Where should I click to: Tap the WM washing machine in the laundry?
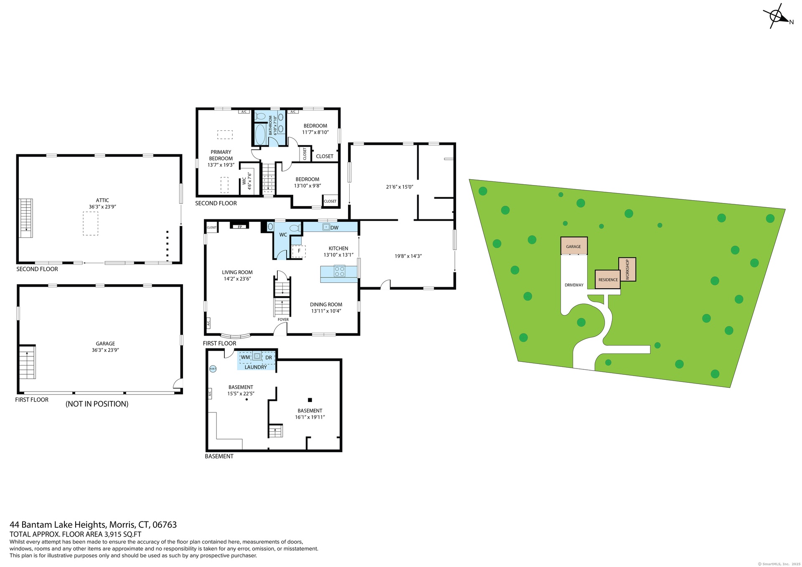[246, 357]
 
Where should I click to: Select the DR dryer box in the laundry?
[269, 358]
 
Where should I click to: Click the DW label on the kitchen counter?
[335, 228]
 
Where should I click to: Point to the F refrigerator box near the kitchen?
[299, 251]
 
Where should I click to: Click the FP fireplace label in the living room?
[240, 227]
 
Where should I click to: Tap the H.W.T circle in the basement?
[213, 369]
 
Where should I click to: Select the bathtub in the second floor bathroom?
[260, 134]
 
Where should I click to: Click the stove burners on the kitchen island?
[340, 271]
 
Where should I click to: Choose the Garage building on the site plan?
[574, 246]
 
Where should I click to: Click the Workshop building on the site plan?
[627, 270]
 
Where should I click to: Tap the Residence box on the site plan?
[608, 279]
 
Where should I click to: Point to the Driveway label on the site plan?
[574, 285]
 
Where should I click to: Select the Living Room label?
[237, 272]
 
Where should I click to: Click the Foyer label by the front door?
[283, 320]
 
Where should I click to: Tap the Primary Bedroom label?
[221, 155]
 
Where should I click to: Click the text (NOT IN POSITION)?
[97, 404]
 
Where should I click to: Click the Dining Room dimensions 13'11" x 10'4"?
[326, 311]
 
